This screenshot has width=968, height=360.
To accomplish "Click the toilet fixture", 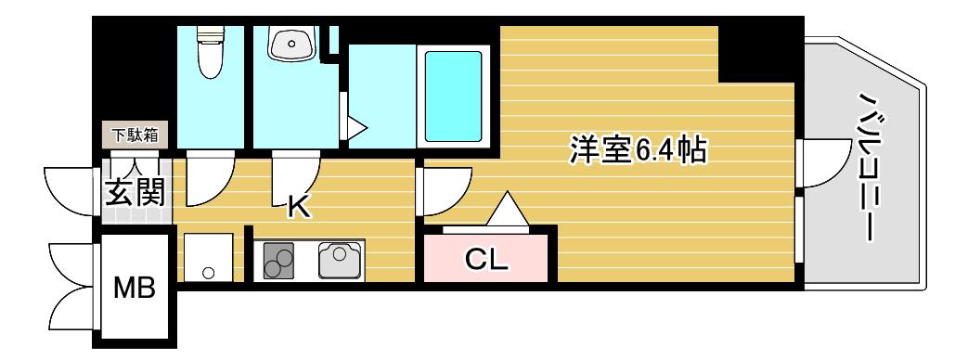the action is pos(211,53).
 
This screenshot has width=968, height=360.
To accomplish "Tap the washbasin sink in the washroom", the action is pos(292,43).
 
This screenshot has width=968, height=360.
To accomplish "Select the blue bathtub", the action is pos(453,96).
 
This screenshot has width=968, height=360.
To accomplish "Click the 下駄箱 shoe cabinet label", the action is pos(135,135).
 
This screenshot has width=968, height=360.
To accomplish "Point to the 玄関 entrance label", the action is pos(136,192).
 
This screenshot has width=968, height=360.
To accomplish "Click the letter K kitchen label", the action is pos(300,208).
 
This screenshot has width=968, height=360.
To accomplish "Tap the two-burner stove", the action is pos(278,261).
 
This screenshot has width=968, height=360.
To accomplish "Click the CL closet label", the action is pos(486,261).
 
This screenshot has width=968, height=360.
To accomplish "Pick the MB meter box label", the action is pos(135,288).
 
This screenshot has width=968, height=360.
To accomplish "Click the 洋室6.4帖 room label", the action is pos(638,148).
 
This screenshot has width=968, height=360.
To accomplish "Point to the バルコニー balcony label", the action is pos(868,167).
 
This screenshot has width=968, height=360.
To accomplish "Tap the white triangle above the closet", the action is pos(508,210).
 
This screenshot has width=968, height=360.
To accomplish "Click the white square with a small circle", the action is pos(209,257).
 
